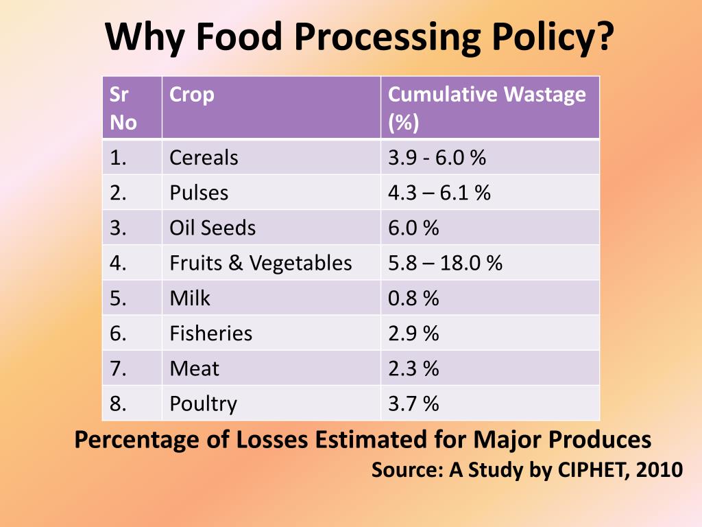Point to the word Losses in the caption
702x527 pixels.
273,439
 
